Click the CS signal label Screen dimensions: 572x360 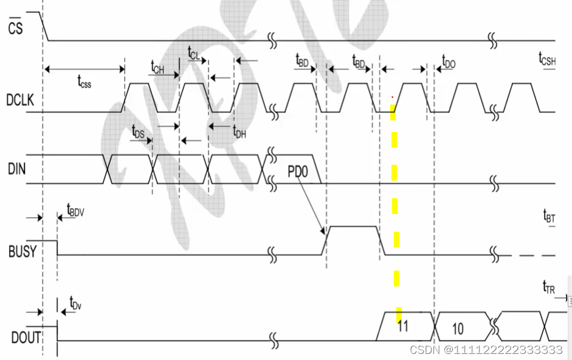[16, 27]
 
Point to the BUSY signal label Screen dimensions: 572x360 [22, 251]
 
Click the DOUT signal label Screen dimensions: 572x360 [24, 337]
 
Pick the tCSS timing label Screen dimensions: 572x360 [84, 81]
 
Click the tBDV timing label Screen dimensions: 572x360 [76, 210]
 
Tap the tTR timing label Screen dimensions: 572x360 [549, 288]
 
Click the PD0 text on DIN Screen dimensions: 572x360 [298, 172]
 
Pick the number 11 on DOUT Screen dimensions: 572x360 [403, 326]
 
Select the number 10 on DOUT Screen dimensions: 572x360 [458, 329]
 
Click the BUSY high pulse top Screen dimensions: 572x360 [353, 227]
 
